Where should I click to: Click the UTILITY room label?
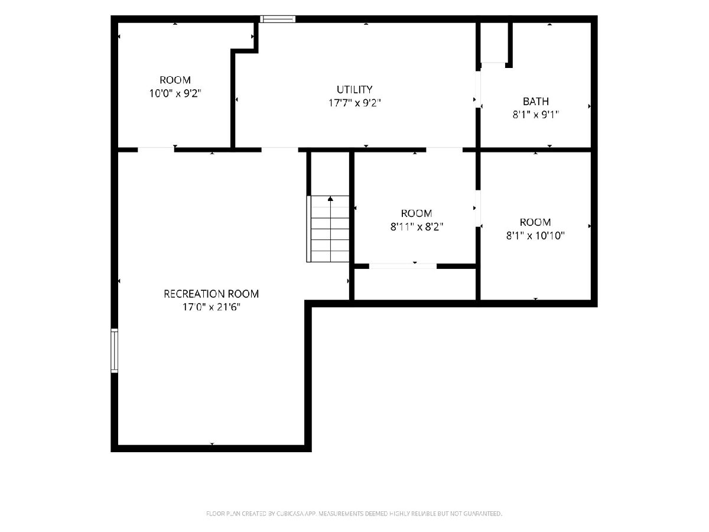tap(354, 89)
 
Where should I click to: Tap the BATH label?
tap(535, 102)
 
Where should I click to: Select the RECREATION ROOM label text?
tap(212, 294)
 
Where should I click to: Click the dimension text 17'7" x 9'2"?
tap(354, 103)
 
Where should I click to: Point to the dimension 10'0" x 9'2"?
tap(175, 93)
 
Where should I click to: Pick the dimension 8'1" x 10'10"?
tap(535, 235)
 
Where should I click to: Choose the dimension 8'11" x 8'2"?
tap(417, 227)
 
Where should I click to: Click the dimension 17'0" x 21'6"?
tap(212, 307)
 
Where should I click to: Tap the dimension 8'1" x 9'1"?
tap(535, 115)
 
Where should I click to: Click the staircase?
tap(328, 229)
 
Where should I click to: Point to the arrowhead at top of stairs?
tap(330, 199)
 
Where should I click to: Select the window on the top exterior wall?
tap(278, 19)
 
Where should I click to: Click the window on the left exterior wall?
tap(115, 351)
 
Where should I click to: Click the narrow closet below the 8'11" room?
tap(415, 284)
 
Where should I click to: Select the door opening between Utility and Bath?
tap(478, 89)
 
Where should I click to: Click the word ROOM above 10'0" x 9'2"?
tap(175, 80)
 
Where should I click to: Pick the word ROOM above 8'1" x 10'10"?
tap(535, 222)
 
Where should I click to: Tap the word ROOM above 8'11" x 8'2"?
tap(417, 213)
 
